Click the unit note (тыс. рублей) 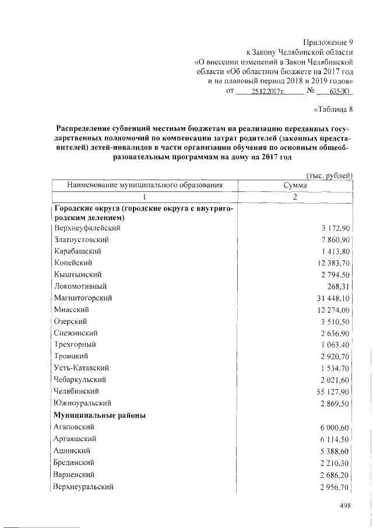click(329, 174)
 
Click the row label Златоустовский click(81, 240)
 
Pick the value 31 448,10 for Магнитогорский click(329, 298)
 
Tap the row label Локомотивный click(80, 286)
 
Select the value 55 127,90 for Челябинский click(329, 391)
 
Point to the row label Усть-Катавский click(81, 368)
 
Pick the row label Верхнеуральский click(83, 486)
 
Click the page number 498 click(347, 505)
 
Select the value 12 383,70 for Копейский click(329, 263)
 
